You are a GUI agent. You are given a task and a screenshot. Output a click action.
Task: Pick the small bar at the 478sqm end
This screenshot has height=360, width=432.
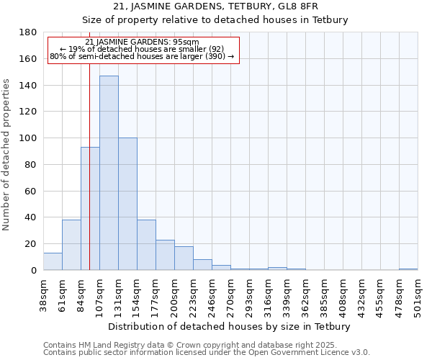click(x=408, y=269)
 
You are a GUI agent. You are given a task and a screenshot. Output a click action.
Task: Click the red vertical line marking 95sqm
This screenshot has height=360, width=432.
click(x=89, y=166)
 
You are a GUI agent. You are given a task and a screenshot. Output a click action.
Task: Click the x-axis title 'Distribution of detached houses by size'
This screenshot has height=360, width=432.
click(x=230, y=326)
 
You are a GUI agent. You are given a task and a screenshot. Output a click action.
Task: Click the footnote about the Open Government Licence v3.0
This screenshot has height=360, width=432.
click(x=207, y=352)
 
